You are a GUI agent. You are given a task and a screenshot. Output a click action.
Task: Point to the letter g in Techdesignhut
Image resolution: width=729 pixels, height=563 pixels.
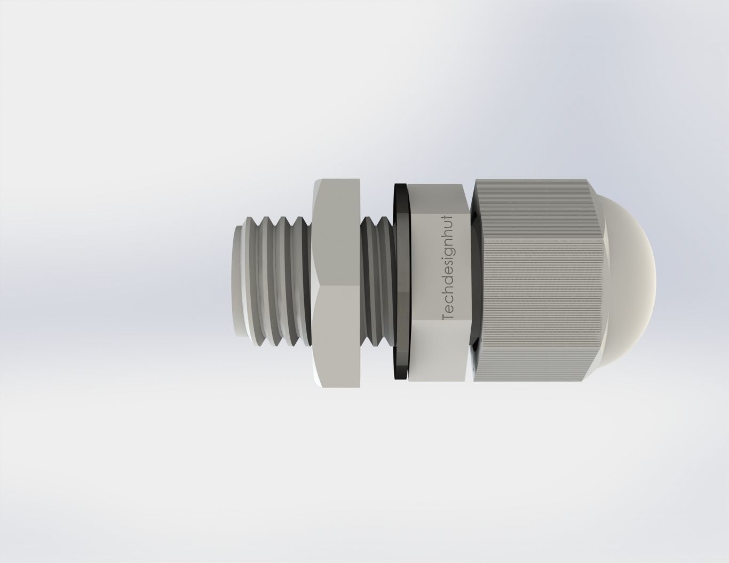pyautogui.click(x=448, y=251)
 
